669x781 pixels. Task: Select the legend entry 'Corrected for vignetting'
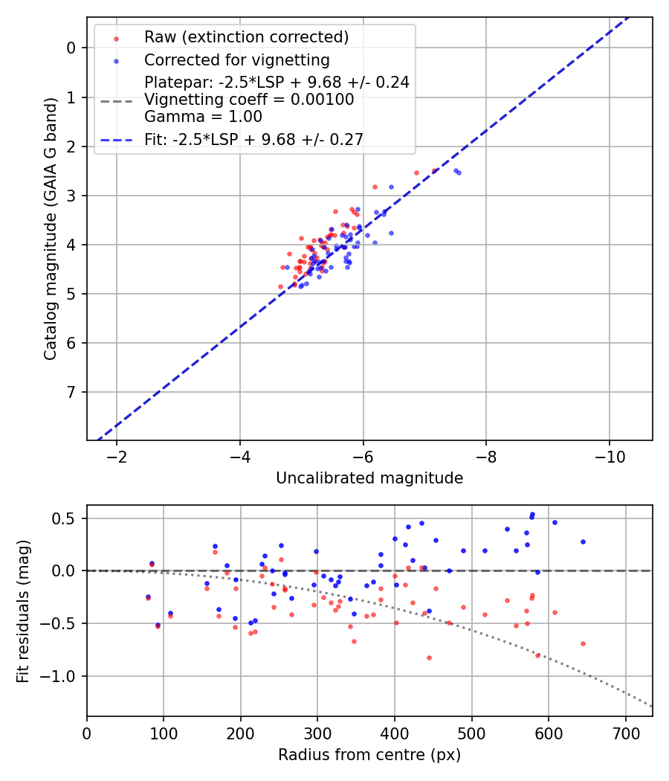tap(236, 60)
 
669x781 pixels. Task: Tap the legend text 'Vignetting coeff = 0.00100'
tap(249, 100)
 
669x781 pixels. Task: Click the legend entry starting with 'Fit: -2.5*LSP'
tap(253, 138)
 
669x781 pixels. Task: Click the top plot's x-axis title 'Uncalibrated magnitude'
tap(369, 478)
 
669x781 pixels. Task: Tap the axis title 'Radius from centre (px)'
tap(369, 755)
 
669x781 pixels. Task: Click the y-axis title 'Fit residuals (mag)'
tap(24, 611)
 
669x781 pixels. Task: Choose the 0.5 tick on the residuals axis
tap(66, 518)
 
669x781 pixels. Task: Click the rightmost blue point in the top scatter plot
tap(459, 173)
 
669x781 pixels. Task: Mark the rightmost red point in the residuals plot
tap(583, 643)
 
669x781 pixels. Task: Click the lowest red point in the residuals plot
tap(429, 658)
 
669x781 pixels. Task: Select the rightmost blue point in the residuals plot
tap(583, 541)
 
